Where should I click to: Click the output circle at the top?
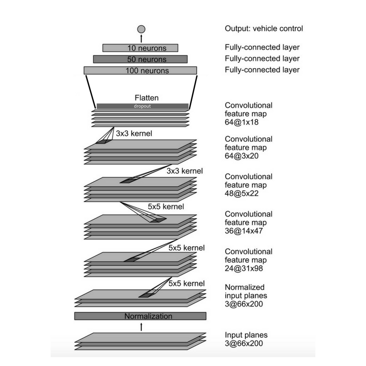(141, 29)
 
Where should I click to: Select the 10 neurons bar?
(140, 48)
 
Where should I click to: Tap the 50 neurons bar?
(140, 59)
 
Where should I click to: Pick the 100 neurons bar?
(140, 70)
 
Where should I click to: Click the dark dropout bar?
(142, 106)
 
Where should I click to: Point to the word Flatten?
(146, 98)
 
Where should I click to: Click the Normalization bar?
(140, 316)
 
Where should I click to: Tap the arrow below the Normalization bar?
(141, 326)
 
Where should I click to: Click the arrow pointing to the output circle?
(141, 38)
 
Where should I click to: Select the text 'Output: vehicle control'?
(264, 28)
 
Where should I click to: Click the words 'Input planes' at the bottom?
(246, 334)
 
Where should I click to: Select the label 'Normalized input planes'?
(245, 291)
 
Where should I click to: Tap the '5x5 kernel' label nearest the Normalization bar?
(186, 283)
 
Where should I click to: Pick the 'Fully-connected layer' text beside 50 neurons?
(262, 59)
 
